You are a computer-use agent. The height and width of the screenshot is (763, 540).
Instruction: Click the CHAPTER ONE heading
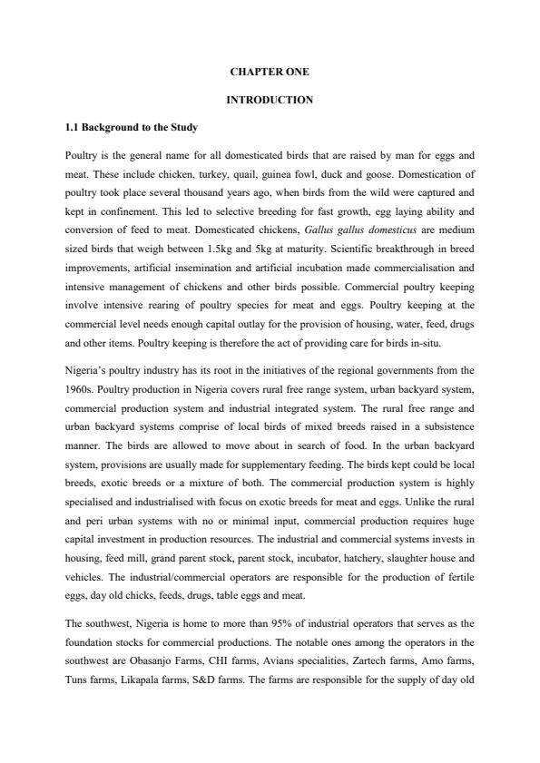tap(270, 71)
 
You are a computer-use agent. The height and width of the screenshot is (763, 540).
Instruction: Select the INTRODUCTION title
tap(270, 100)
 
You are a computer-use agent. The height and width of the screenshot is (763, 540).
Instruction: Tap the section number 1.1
tap(74, 127)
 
